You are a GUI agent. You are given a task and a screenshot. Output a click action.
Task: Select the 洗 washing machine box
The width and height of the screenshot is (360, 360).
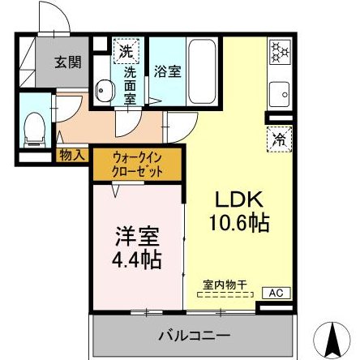click(x=126, y=50)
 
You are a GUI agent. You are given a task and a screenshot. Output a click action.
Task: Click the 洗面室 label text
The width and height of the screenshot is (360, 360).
click(x=130, y=85)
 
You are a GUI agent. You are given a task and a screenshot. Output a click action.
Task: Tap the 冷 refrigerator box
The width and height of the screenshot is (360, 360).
click(x=277, y=137)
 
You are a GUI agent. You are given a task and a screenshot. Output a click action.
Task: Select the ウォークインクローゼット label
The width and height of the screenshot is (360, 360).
click(x=139, y=164)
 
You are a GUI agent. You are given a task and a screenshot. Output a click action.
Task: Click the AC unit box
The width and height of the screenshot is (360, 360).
click(x=275, y=293)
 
